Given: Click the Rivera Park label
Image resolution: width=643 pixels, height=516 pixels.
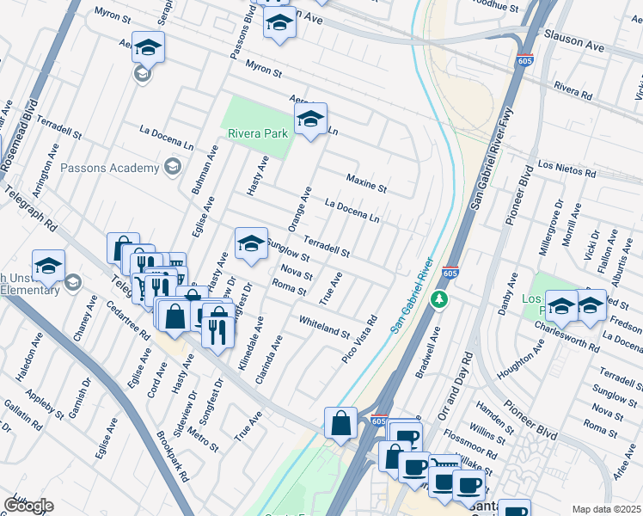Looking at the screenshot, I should pyautogui.click(x=257, y=133).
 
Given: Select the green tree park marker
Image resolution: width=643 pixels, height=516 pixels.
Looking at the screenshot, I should pyautogui.click(x=439, y=299).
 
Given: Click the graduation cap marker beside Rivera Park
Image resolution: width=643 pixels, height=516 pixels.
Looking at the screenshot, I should pyautogui.click(x=310, y=120).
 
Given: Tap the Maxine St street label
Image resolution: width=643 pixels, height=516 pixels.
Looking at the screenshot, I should pyautogui.click(x=366, y=183).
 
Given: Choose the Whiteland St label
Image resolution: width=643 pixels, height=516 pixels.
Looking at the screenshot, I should pyautogui.click(x=324, y=327).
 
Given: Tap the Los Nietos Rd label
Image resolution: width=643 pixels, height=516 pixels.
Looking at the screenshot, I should pyautogui.click(x=566, y=169).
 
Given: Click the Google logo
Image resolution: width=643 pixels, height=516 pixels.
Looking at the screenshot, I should pyautogui.click(x=28, y=506).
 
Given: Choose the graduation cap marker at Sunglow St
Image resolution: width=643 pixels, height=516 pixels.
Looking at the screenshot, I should pyautogui.click(x=250, y=244).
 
